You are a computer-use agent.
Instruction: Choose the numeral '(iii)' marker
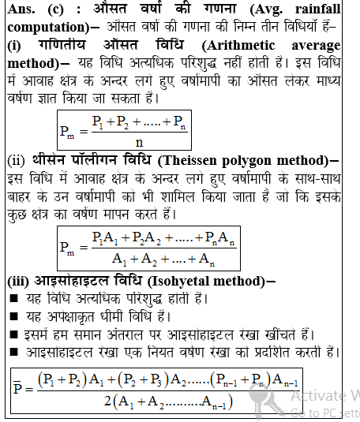18,281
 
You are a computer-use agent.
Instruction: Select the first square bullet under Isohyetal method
13,298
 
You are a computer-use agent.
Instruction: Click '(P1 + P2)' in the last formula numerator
63,379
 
